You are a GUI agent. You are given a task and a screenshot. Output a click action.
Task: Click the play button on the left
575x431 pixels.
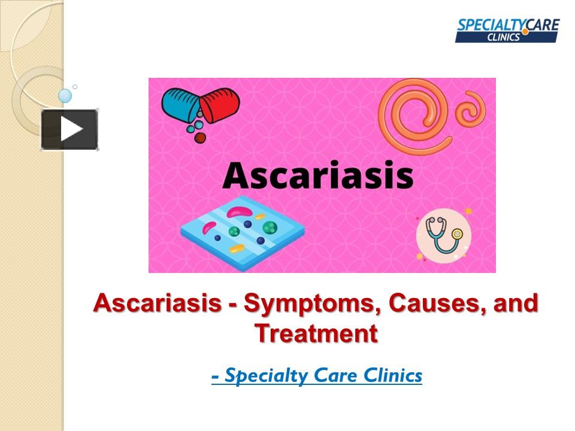(x=69, y=129)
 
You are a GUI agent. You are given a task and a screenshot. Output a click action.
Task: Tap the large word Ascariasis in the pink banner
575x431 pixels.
(x=317, y=175)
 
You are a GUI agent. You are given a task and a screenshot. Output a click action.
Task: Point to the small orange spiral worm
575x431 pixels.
(x=470, y=111)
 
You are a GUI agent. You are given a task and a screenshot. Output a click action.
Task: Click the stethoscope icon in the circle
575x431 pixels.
(x=443, y=235)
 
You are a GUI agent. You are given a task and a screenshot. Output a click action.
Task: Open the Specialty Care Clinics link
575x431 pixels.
(x=317, y=376)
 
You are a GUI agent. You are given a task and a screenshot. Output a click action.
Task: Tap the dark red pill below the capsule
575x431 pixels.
(x=200, y=138)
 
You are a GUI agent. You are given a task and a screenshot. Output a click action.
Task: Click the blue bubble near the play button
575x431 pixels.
(x=65, y=96)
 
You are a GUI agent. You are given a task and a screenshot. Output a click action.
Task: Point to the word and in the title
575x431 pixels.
(x=515, y=304)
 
